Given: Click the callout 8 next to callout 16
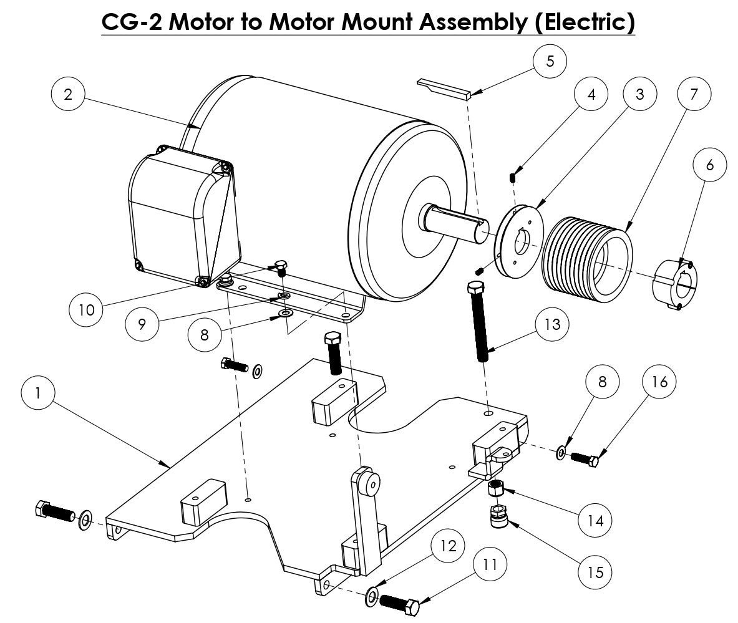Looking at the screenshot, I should [601, 381].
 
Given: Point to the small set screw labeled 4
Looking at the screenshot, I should [512, 177].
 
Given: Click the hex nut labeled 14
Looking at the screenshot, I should [496, 488].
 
